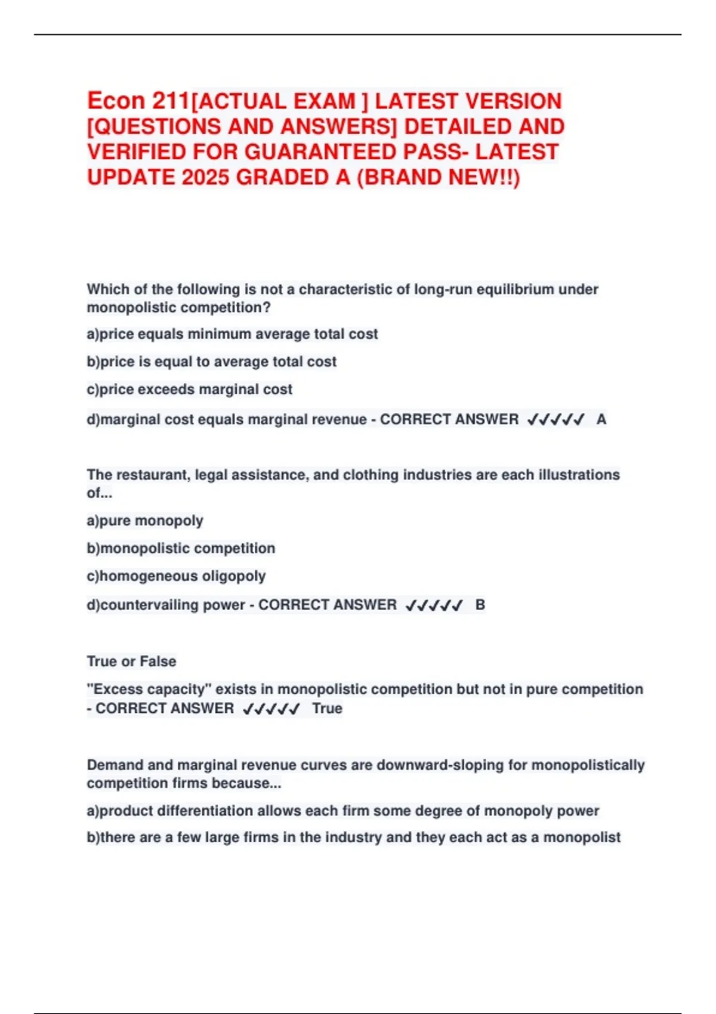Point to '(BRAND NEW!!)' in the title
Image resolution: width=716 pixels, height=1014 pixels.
coord(438,177)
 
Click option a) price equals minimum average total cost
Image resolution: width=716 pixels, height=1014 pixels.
coord(232,334)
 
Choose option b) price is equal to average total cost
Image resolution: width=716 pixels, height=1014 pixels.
coord(212,361)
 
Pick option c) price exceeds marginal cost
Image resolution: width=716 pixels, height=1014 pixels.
coord(190,389)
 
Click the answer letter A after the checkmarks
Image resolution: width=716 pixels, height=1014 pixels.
coord(601,419)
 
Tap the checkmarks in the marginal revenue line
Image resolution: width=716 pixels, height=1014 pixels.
coord(555,420)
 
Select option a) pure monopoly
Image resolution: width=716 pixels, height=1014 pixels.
coord(145,521)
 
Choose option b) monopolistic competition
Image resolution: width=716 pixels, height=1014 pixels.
coord(181,548)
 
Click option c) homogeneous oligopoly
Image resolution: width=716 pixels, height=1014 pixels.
coord(176,576)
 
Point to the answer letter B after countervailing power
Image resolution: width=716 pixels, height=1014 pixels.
coord(480,605)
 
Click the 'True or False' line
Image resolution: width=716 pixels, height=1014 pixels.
coord(131,661)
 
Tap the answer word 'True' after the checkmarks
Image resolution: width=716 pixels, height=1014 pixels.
coord(327,709)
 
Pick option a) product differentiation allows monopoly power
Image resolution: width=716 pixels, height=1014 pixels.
coord(343,811)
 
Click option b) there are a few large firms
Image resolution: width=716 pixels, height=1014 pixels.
coord(353,837)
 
